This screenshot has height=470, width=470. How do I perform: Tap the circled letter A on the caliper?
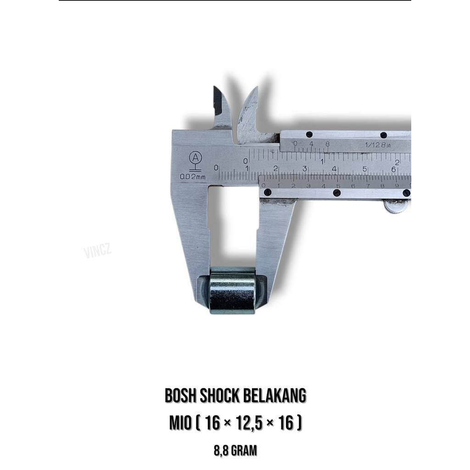point(196,158)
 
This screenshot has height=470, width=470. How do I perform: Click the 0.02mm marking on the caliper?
point(193,176)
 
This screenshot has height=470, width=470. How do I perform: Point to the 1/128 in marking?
point(377,145)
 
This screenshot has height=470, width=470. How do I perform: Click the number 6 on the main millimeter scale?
point(394,169)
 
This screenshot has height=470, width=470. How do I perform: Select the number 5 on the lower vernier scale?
point(338,186)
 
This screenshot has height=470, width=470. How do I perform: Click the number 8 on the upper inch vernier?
point(327,144)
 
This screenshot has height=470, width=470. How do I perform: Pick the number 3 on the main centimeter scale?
point(305,169)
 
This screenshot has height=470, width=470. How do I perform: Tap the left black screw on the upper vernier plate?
point(309,134)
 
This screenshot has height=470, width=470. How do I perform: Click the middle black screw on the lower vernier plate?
point(337,193)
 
